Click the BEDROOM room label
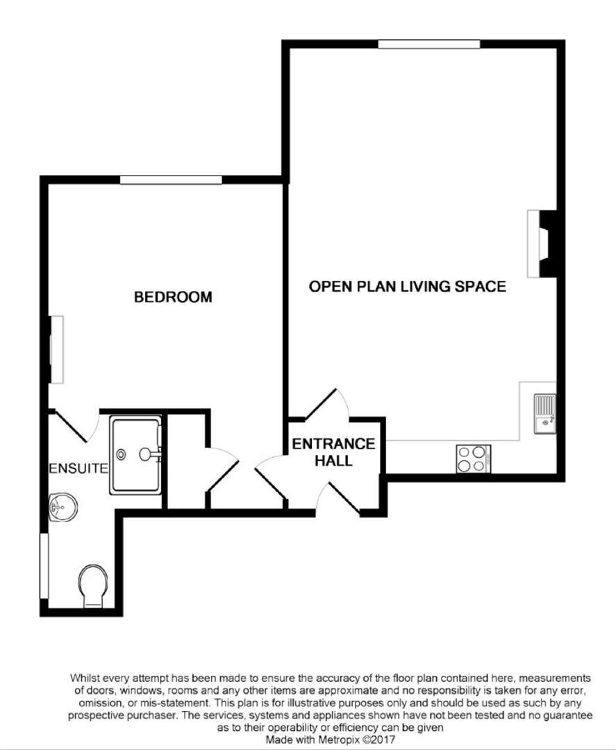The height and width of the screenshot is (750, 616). (x=173, y=297)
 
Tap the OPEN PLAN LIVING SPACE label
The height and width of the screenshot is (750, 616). (x=408, y=286)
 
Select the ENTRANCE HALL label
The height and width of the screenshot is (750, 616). (x=333, y=452)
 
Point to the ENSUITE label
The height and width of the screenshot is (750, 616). (x=79, y=468)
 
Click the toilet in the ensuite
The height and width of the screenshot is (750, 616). (x=93, y=586)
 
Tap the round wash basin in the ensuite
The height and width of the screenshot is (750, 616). (x=63, y=507)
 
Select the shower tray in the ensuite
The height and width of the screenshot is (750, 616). (x=136, y=454)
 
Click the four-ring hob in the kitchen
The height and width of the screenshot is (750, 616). (x=474, y=459)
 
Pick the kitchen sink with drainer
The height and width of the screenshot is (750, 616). (x=545, y=414)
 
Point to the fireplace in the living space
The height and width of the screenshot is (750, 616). (x=542, y=244)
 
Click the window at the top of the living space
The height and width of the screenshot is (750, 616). (x=429, y=44)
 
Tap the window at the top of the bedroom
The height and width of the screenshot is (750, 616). (x=171, y=180)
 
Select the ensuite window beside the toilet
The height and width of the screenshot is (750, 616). (x=44, y=566)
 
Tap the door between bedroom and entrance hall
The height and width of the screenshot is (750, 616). (x=270, y=478)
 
